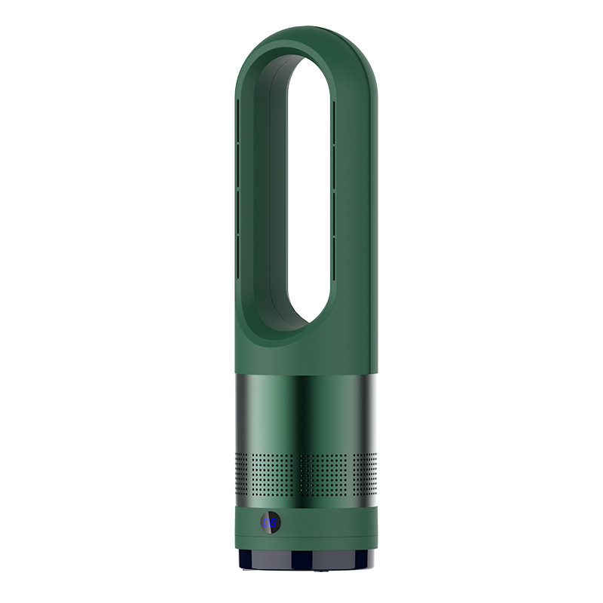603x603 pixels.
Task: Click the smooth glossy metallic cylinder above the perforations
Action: click(x=305, y=411)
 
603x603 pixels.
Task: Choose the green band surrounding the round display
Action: click(x=324, y=524)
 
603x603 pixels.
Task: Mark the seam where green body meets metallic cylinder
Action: click(x=305, y=372)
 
